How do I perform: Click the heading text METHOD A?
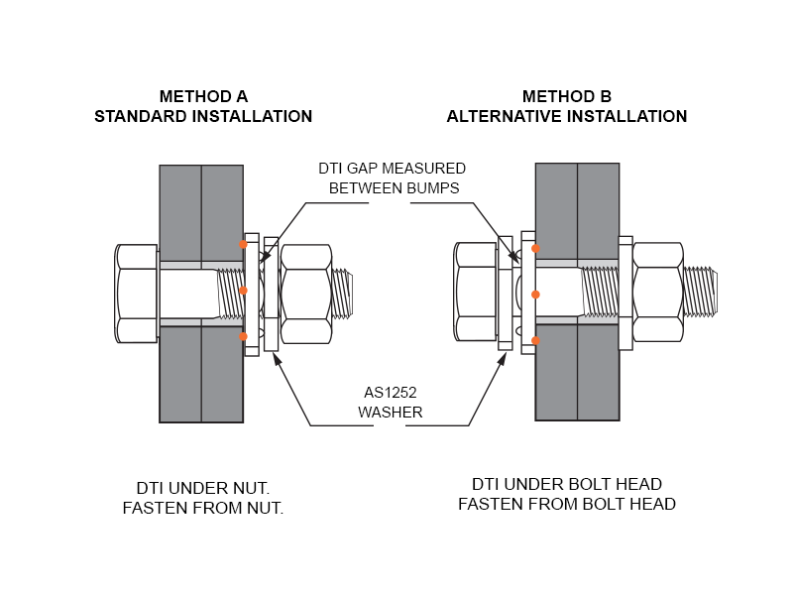click(203, 96)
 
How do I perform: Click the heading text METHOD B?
click(567, 96)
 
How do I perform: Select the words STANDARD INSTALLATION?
click(203, 116)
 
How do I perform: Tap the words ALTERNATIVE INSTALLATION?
click(567, 116)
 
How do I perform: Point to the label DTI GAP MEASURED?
click(392, 169)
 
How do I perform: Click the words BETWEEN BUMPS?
click(394, 187)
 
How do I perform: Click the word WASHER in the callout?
click(391, 412)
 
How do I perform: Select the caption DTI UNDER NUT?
click(203, 488)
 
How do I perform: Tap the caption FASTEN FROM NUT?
click(203, 508)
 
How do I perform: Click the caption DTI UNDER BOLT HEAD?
click(567, 484)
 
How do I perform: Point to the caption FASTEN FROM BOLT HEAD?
click(567, 504)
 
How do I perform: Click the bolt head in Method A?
click(137, 294)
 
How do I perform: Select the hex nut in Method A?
click(305, 294)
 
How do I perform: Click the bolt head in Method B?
click(476, 294)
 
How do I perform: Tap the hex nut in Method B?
click(657, 294)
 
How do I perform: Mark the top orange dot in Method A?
click(243, 244)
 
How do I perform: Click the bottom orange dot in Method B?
click(535, 341)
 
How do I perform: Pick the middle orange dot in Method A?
click(243, 292)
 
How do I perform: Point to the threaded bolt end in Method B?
click(700, 294)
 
